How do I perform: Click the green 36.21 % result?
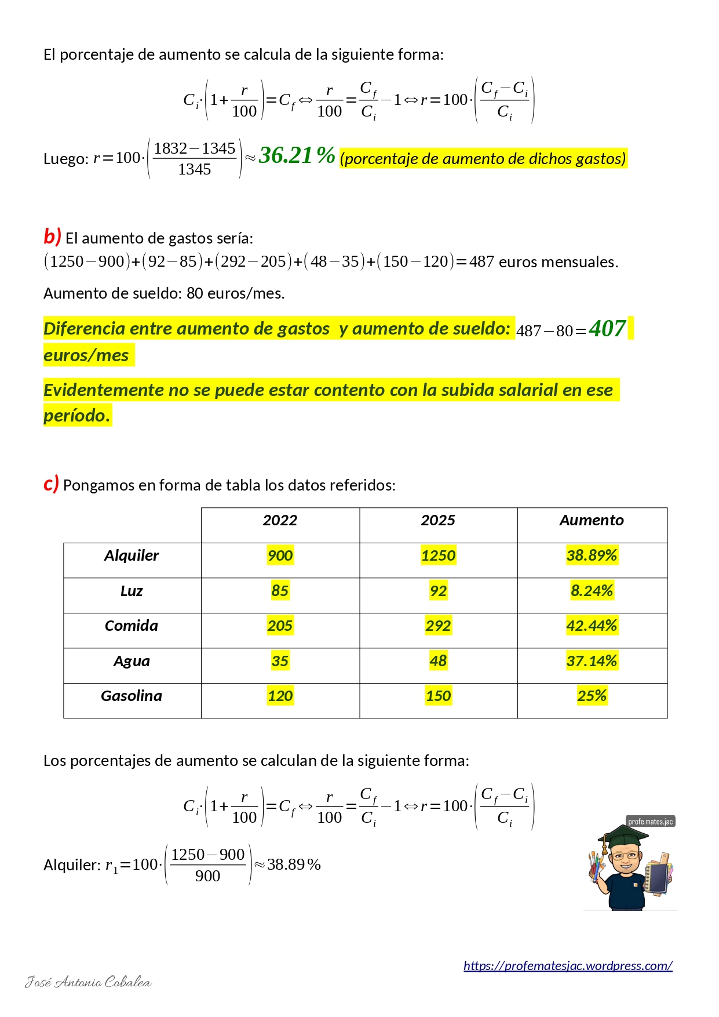(x=297, y=155)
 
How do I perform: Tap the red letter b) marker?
(x=52, y=237)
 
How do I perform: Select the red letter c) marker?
(x=51, y=484)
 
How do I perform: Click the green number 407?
(x=607, y=329)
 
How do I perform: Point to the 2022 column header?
(x=280, y=520)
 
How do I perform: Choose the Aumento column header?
(x=592, y=520)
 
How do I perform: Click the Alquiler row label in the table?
(x=132, y=555)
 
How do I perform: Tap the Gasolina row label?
(x=132, y=696)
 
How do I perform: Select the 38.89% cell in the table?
(x=592, y=555)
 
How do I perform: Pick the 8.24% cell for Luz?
(x=592, y=591)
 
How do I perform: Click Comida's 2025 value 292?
(x=438, y=626)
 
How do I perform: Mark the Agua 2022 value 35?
(x=280, y=661)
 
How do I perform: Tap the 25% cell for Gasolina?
(x=592, y=696)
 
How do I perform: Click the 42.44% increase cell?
(x=592, y=626)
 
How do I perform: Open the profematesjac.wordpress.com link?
(x=568, y=965)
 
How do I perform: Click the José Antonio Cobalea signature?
(x=88, y=982)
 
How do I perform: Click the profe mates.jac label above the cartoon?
(x=651, y=822)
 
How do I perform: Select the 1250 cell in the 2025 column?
(x=438, y=555)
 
